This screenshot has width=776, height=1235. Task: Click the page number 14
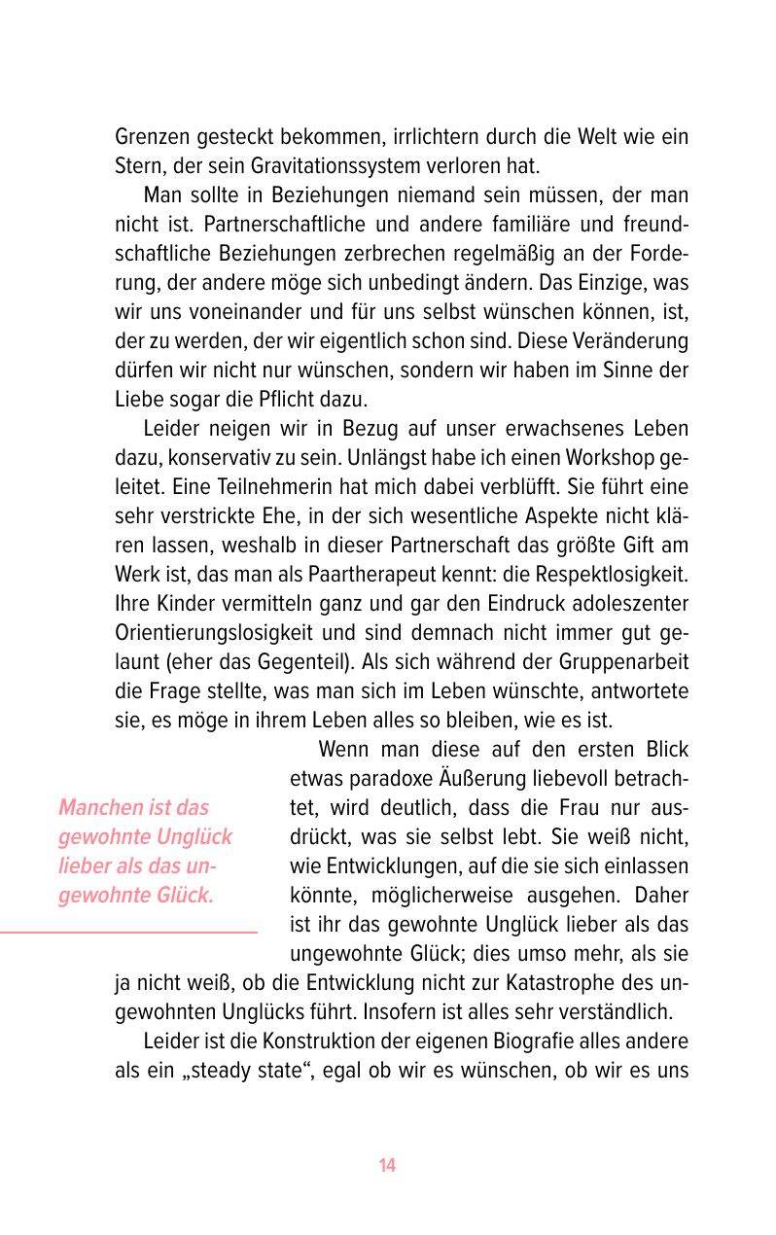click(387, 1166)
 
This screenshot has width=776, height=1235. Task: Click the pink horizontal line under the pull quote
click(128, 933)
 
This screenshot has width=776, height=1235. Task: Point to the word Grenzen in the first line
click(151, 137)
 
